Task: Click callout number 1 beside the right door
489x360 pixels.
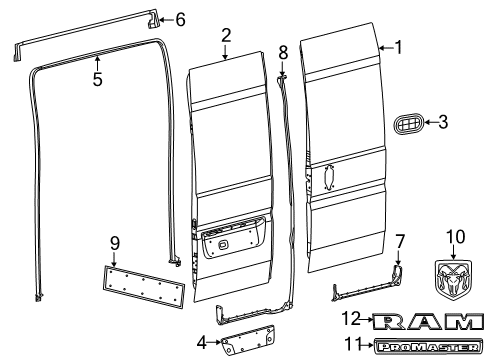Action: (x=399, y=46)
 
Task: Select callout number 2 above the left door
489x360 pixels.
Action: (x=226, y=35)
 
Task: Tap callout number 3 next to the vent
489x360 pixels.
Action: (x=444, y=123)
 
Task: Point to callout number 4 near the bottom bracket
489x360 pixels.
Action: (x=204, y=342)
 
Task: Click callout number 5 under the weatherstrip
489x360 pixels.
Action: (x=97, y=79)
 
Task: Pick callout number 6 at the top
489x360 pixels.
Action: (x=180, y=19)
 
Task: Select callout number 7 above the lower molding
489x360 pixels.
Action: (x=399, y=271)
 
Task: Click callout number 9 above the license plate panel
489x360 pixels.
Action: (x=114, y=242)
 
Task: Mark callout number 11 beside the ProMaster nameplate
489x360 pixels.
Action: (x=351, y=343)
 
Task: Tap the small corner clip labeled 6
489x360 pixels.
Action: (x=154, y=17)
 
